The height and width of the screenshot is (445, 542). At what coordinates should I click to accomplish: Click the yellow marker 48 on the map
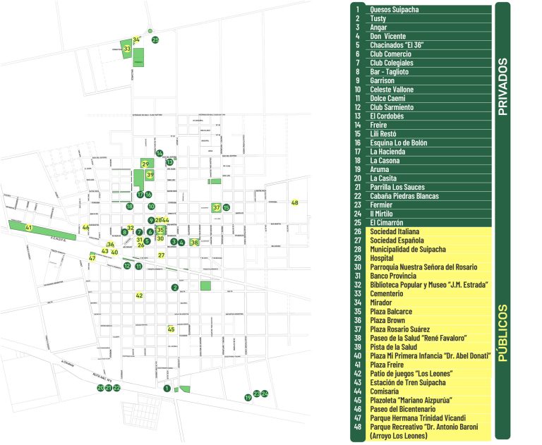coord(295,203)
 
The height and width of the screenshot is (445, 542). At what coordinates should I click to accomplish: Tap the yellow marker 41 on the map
coord(29,228)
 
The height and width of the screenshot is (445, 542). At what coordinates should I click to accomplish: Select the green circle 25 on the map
coord(155,40)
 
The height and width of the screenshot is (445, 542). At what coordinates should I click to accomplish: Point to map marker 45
coord(171,329)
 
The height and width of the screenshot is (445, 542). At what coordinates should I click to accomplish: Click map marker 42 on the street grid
coord(139,295)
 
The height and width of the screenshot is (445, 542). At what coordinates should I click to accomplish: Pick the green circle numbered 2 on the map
coord(174,287)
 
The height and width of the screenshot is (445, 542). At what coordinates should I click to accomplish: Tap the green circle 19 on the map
coord(248,398)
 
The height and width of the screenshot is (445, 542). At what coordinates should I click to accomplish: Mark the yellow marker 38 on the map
coord(194,243)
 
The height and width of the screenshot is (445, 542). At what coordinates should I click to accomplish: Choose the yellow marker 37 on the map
coord(217,208)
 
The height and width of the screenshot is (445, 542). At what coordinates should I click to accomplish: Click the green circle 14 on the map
coord(159,153)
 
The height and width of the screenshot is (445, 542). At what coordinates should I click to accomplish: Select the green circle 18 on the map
coord(129,207)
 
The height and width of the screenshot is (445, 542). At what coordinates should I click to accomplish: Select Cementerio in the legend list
coord(386,293)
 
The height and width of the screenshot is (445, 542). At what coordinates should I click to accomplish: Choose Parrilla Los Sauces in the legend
coord(397,187)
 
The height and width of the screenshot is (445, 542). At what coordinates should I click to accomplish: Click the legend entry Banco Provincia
coord(393,276)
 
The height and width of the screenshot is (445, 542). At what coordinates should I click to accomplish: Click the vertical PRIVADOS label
coord(502,86)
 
